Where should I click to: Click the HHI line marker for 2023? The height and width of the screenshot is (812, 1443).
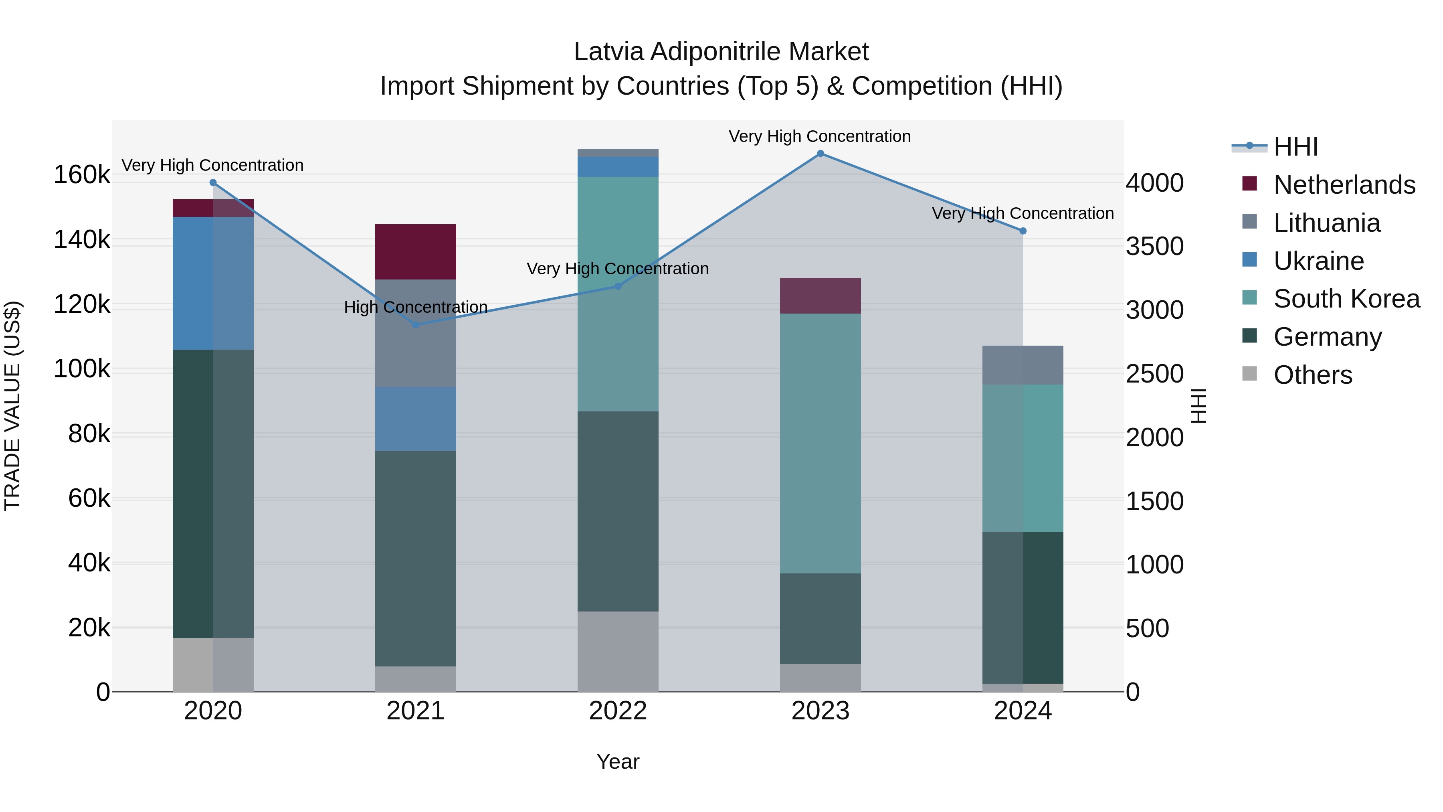coord(820,154)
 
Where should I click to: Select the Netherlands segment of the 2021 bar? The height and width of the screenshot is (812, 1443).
coord(415,251)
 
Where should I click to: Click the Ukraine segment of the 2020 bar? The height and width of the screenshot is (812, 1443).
coord(213,283)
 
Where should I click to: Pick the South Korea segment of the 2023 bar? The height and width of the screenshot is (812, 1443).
coord(820,443)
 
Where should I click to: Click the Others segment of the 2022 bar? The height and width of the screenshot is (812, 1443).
coord(618,651)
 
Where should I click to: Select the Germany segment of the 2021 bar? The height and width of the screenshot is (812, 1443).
coord(415,558)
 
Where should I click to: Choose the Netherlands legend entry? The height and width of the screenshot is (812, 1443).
coord(1344,185)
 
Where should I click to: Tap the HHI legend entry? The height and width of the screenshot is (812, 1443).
coord(1295,147)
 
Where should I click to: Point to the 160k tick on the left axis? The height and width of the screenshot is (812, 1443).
coord(82,175)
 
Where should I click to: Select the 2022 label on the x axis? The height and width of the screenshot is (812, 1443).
coord(618,711)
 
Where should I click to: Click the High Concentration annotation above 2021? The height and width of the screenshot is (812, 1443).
coord(415,307)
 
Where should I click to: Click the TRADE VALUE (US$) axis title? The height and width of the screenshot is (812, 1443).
coord(12,406)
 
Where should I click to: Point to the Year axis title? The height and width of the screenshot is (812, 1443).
coord(618,761)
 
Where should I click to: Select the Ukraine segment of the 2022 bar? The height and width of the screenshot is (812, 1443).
coord(618,167)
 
